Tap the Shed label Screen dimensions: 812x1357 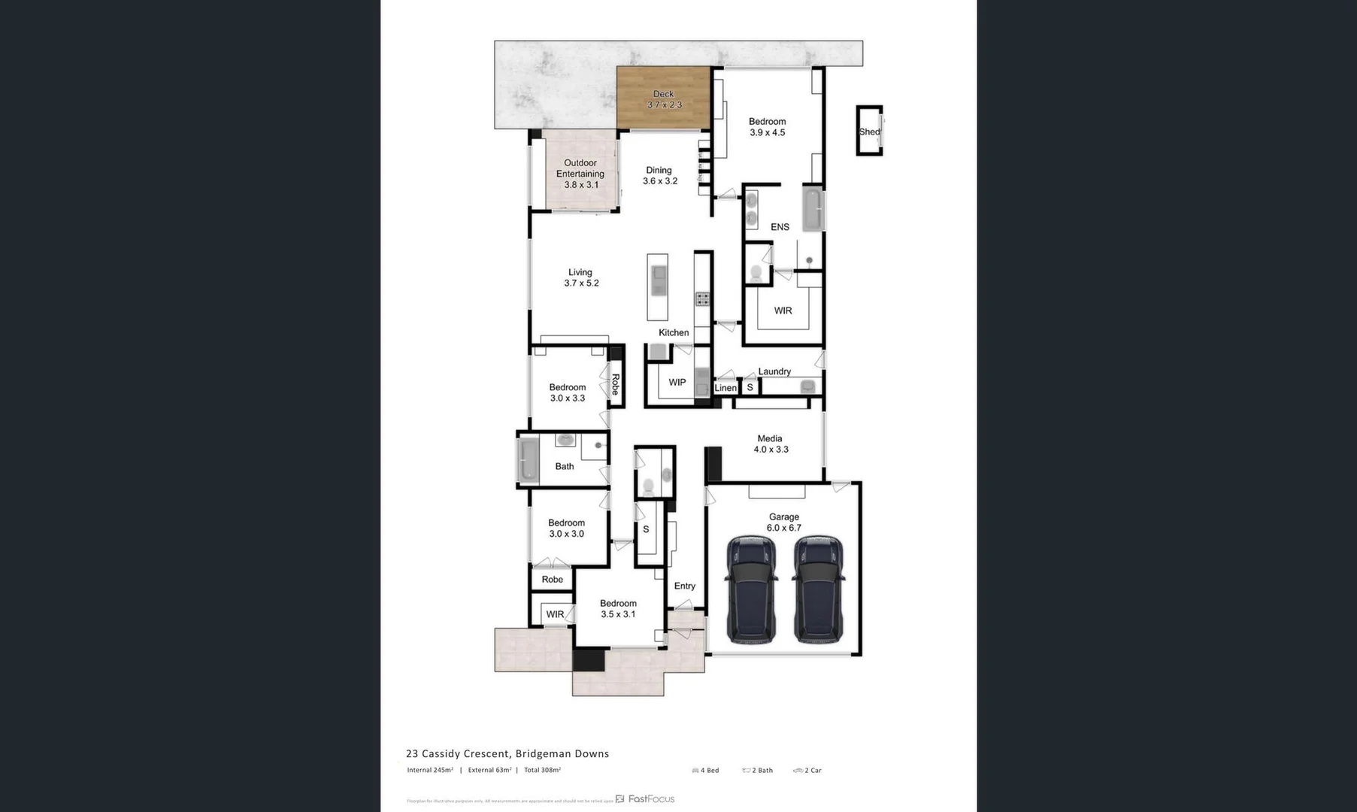click(x=869, y=132)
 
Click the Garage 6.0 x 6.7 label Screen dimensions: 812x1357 click(x=783, y=522)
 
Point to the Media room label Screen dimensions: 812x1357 click(x=770, y=444)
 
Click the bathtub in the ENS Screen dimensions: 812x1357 click(x=812, y=209)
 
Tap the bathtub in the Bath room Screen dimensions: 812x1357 click(x=527, y=459)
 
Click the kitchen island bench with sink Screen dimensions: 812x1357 click(x=658, y=286)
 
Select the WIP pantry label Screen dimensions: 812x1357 click(x=677, y=382)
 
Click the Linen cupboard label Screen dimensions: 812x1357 click(x=725, y=388)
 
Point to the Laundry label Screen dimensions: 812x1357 click(x=774, y=371)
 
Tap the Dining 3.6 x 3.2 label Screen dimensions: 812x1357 click(x=659, y=175)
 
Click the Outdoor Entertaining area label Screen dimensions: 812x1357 click(x=580, y=173)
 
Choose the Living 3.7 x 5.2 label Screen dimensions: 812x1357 click(x=580, y=277)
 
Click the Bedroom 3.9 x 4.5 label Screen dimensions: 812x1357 click(x=767, y=126)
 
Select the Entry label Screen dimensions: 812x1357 click(x=684, y=586)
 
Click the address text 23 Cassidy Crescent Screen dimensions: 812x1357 click(x=507, y=753)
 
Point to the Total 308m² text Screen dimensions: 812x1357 click(x=542, y=770)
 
